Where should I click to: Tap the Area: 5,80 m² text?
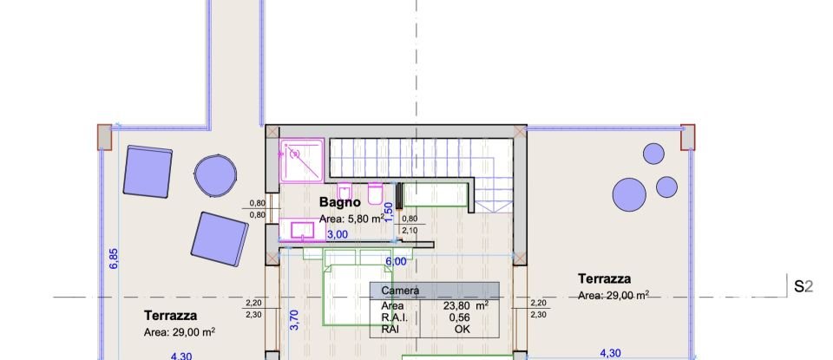351,219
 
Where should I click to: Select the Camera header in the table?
400,291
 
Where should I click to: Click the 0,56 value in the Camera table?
459,317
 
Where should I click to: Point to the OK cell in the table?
459,330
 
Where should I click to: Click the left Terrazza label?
170,316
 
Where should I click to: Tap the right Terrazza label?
604,278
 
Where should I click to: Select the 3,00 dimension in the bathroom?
337,234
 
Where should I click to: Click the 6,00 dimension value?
397,261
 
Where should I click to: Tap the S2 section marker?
803,285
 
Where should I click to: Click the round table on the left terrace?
213,175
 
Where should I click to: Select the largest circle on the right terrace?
629,194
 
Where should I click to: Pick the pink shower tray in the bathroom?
301,160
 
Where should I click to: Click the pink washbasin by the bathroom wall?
302,230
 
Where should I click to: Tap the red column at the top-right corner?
688,136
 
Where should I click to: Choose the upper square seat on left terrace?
147,170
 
